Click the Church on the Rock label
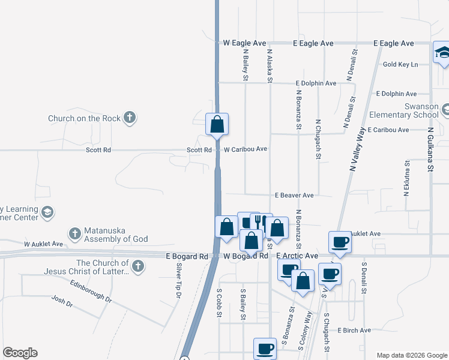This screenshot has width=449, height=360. pyautogui.click(x=84, y=118)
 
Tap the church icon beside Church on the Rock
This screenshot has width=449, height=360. pyautogui.click(x=130, y=118)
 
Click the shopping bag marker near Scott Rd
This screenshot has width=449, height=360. pyautogui.click(x=217, y=125)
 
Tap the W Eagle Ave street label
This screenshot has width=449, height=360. pyautogui.click(x=244, y=43)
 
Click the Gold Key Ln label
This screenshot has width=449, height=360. pyautogui.click(x=400, y=64)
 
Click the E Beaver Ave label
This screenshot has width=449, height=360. pyautogui.click(x=294, y=195)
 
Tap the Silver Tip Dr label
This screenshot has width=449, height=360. pyautogui.click(x=178, y=281)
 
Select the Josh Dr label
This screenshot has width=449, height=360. pyautogui.click(x=62, y=301)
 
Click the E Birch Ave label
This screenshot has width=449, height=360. pyautogui.click(x=354, y=330)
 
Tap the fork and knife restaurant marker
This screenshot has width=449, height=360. pyautogui.click(x=261, y=222)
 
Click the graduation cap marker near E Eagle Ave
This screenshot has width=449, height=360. pyautogui.click(x=442, y=53)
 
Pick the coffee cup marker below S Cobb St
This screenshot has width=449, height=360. pyautogui.click(x=265, y=348)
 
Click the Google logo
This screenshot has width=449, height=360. pyautogui.click(x=20, y=353)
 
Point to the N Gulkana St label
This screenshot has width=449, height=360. pyautogui.click(x=430, y=149)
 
